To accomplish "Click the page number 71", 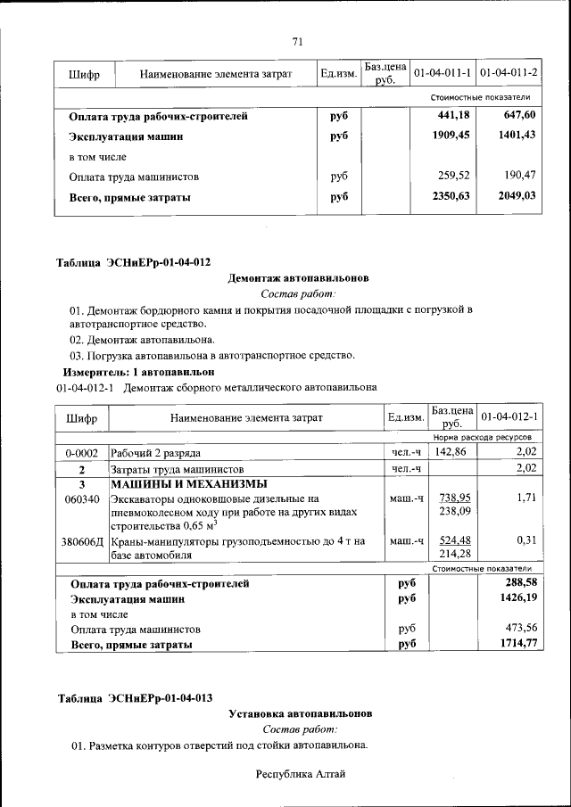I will [x=299, y=40].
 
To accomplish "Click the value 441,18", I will [x=451, y=116].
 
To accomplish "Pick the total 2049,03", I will [x=517, y=196].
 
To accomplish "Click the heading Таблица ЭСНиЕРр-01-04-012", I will [x=134, y=262].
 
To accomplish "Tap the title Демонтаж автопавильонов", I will [x=298, y=278].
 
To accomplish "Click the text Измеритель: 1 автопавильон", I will [x=138, y=370].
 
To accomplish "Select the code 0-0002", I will [x=81, y=454].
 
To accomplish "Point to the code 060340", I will [x=81, y=498].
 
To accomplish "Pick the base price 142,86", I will [x=451, y=453].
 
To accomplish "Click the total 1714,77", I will [x=518, y=643].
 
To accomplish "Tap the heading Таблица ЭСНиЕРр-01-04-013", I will [x=135, y=697].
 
